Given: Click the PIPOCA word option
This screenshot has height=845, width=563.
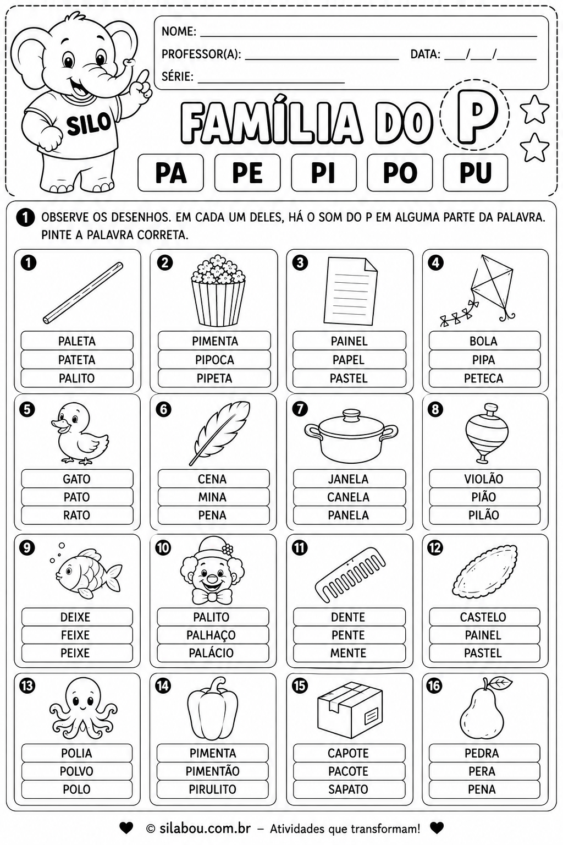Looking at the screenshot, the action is point(214,359).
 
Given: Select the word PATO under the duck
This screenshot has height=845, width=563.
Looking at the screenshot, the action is point(77,497).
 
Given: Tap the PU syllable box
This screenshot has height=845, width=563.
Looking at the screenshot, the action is point(475,172).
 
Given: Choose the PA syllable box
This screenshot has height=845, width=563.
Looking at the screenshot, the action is point(171,172).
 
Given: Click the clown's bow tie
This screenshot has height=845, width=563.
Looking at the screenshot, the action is point(212,597).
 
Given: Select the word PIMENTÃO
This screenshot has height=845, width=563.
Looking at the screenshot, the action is point(212,771).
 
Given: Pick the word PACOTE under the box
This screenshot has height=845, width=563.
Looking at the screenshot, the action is point(348,771).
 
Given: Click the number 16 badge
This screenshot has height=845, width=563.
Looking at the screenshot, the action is point(434,685).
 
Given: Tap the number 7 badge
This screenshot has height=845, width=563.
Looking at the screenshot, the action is point(300,409).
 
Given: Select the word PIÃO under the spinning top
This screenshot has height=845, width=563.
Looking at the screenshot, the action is point(484,497).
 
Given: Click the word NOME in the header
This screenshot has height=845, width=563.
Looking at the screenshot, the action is point(179,31).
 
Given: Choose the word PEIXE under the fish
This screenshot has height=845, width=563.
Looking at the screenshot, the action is point(75,653).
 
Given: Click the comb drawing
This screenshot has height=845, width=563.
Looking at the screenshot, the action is point(350,574).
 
